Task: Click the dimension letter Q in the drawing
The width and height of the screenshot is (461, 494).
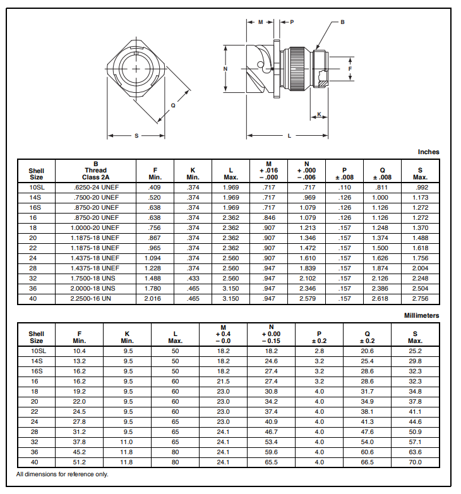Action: pyautogui.click(x=174, y=105)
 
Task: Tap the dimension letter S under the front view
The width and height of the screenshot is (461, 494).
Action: pyautogui.click(x=136, y=136)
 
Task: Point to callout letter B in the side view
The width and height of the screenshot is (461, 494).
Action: pyautogui.click(x=342, y=22)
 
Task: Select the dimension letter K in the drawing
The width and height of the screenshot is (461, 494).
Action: pyautogui.click(x=319, y=115)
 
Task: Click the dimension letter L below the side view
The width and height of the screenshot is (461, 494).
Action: pyautogui.click(x=289, y=136)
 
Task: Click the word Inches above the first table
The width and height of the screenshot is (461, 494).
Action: pyautogui.click(x=428, y=152)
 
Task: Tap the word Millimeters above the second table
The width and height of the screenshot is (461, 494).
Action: pyautogui.click(x=421, y=315)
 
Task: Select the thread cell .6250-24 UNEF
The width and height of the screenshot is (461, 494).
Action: pyautogui.click(x=96, y=188)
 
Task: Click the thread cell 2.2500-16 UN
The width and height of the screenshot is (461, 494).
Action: pyautogui.click(x=96, y=299)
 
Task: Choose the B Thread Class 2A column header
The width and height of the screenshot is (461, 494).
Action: pyautogui.click(x=96, y=170)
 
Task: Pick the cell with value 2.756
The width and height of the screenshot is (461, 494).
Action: pyautogui.click(x=420, y=299)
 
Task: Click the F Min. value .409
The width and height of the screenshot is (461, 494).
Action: pyautogui.click(x=154, y=188)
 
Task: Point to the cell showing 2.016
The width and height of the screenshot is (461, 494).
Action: pyautogui.click(x=154, y=299)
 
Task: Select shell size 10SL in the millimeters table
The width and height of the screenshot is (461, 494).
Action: pyautogui.click(x=37, y=351)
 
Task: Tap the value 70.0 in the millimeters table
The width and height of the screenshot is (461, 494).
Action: pyautogui.click(x=415, y=462)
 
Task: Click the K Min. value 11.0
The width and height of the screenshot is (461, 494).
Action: pyautogui.click(x=128, y=442)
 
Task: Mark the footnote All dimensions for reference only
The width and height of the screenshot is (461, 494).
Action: pyautogui.click(x=62, y=474)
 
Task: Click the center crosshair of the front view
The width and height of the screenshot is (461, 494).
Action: pyautogui.click(x=136, y=69)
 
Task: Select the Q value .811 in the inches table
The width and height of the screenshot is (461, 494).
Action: pyautogui.click(x=382, y=188)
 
